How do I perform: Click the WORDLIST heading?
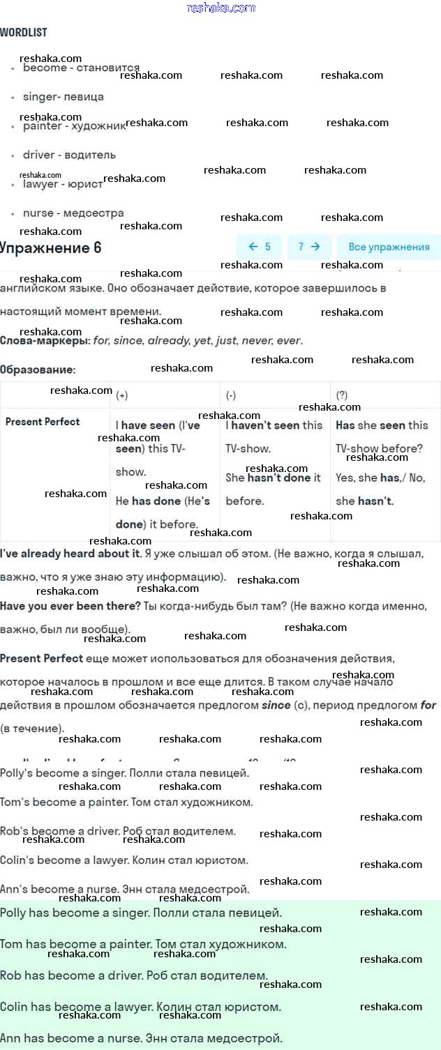click(x=24, y=33)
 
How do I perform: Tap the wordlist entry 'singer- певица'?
click(x=63, y=97)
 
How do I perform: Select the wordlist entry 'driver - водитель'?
click(x=69, y=155)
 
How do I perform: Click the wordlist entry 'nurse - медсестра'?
click(x=73, y=213)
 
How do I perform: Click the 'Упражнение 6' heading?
click(x=50, y=248)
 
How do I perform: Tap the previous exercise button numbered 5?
click(x=259, y=247)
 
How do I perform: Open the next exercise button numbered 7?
click(x=309, y=247)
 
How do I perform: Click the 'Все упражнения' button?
click(x=389, y=247)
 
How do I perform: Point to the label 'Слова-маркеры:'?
click(x=45, y=341)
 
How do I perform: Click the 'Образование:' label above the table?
click(x=38, y=370)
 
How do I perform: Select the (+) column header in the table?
click(x=122, y=395)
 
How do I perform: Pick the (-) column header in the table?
click(x=231, y=395)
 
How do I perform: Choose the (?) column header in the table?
click(x=342, y=395)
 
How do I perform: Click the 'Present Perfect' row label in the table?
click(x=43, y=422)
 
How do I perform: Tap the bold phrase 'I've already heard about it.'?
click(x=70, y=554)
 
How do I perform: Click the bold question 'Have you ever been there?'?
click(x=70, y=607)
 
